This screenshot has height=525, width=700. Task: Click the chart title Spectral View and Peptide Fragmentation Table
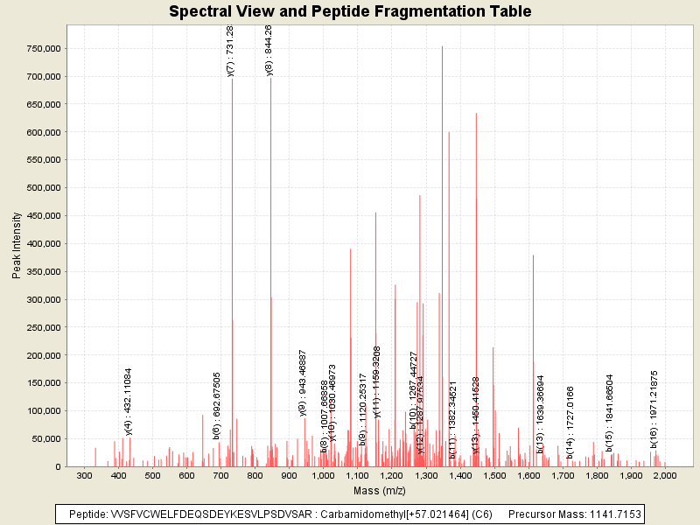[350, 11]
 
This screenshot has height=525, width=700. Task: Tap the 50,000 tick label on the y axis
[43, 439]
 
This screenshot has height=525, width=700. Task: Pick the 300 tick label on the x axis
[85, 475]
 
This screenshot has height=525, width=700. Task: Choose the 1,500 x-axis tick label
[494, 475]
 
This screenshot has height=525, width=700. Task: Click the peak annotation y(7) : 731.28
[230, 51]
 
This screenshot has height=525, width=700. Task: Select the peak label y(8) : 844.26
[269, 51]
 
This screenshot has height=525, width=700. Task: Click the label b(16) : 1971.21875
[654, 403]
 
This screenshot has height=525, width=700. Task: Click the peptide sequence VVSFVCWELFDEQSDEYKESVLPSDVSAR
[205, 514]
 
